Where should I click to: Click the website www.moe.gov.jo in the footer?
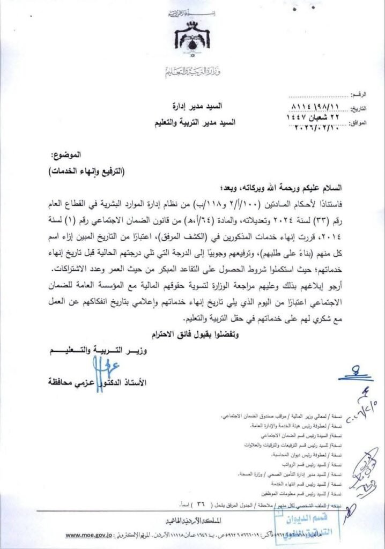click(x=89, y=535)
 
